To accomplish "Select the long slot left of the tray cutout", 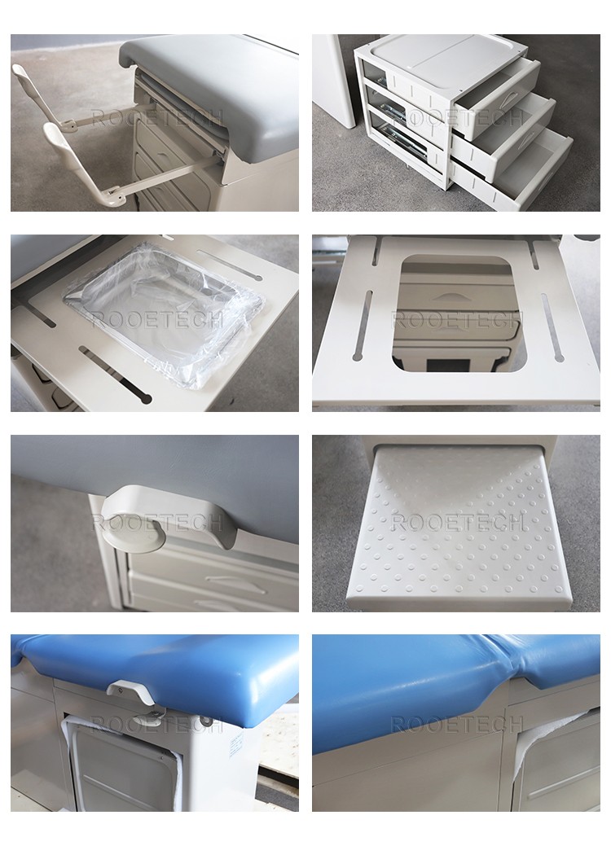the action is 363,326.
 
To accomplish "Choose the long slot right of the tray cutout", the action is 552,327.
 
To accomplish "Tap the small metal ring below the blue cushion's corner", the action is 204,721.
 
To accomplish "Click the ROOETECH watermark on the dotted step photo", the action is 457,523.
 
